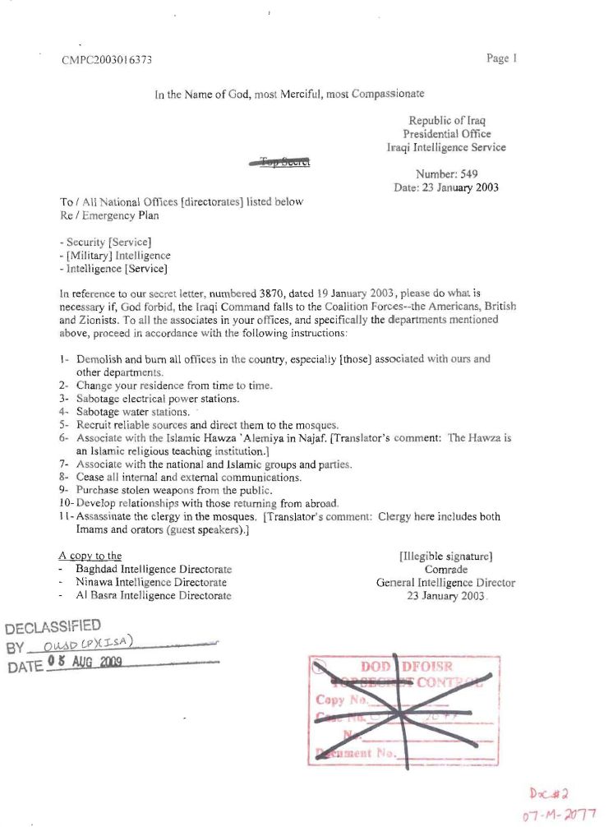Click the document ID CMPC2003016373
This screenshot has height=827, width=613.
[107, 60]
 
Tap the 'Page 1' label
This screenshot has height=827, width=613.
[501, 58]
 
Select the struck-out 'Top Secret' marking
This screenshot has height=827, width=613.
[279, 163]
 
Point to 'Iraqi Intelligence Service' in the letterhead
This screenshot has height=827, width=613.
[446, 148]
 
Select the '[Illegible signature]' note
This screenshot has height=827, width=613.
[445, 557]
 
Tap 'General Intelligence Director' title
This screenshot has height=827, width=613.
[445, 583]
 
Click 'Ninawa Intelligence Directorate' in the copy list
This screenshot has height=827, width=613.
[153, 583]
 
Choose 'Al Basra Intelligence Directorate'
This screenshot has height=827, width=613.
[153, 596]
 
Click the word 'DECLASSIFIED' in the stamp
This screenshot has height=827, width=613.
[53, 626]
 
